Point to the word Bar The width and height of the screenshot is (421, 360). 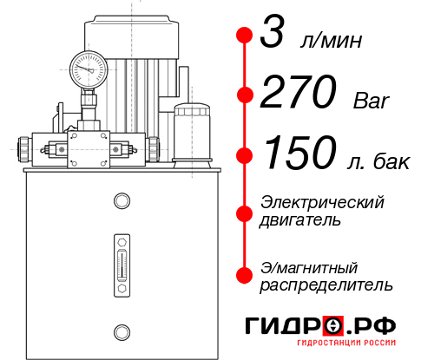pyautogui.click(x=371, y=101)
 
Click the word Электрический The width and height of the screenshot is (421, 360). pyautogui.click(x=322, y=203)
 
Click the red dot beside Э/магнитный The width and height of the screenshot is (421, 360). pyautogui.click(x=245, y=274)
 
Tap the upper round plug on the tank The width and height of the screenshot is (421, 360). pyautogui.click(x=121, y=202)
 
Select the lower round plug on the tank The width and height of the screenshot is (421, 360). pyautogui.click(x=121, y=330)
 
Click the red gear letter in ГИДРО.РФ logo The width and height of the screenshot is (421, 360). pyautogui.click(x=333, y=326)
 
